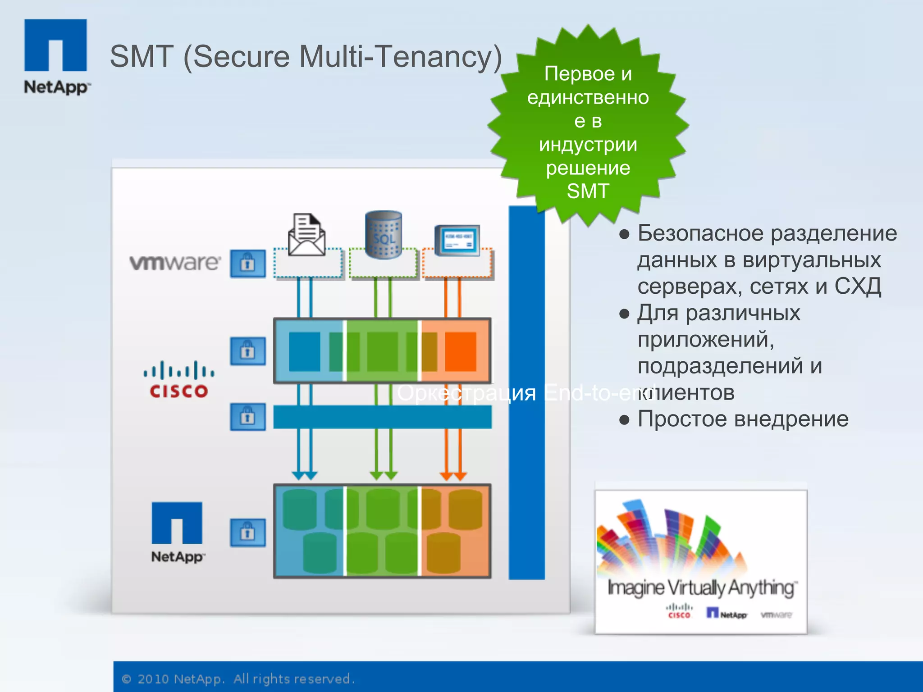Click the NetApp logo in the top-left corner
55,56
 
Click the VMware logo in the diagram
175,263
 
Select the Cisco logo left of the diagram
178,380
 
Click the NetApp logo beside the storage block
177,532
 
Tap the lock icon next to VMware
247,264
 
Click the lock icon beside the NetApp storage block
247,533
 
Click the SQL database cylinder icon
383,234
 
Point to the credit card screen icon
457,240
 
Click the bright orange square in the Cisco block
461,351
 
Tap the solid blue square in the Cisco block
305,351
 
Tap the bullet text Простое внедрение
743,419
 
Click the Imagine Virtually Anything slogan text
701,587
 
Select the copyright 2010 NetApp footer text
239,678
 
